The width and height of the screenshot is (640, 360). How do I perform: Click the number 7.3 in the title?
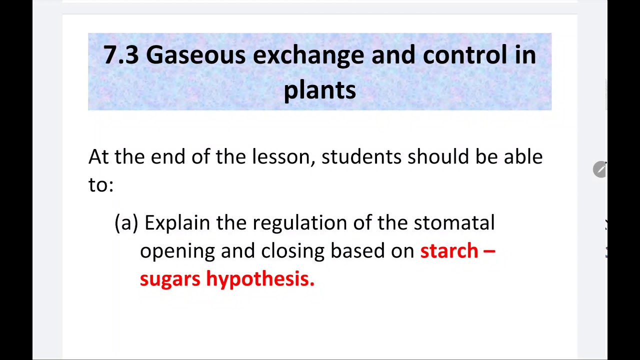tap(120, 54)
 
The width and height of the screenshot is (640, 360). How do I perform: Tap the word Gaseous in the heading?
tap(195, 54)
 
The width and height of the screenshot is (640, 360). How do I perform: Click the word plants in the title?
tap(319, 90)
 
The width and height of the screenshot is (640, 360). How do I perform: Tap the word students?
tap(361, 157)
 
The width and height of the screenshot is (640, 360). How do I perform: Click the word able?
tap(522, 157)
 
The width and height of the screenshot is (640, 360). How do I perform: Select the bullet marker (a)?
tap(126, 223)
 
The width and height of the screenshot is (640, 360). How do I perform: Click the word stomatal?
tap(454, 223)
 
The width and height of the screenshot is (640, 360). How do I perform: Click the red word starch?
tap(449, 251)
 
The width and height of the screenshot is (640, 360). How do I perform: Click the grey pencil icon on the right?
tap(599, 169)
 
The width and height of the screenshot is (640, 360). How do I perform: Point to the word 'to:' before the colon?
tap(100, 185)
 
